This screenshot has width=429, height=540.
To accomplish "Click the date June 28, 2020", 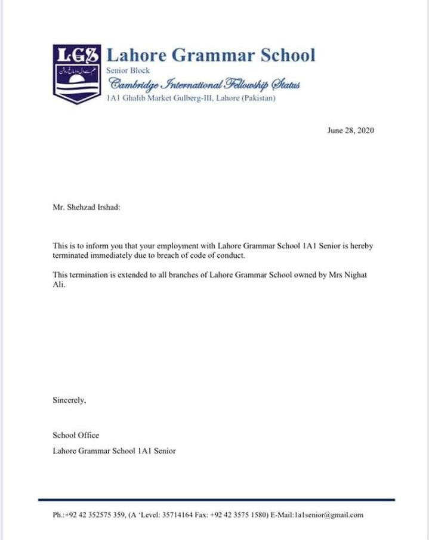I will pos(351,131).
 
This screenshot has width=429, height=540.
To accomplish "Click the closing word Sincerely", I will pos(69,400).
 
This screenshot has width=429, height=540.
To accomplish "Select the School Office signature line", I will pos(76,435).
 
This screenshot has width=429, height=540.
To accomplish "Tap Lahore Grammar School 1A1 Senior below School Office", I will pos(114,451).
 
